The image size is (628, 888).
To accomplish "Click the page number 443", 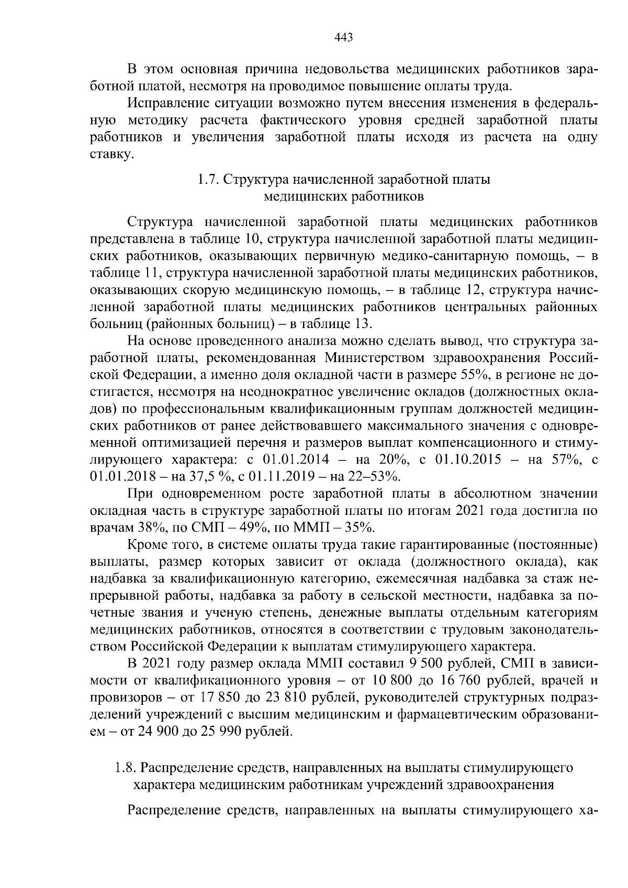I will (343, 37).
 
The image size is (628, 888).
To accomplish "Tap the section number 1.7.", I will (207, 179).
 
